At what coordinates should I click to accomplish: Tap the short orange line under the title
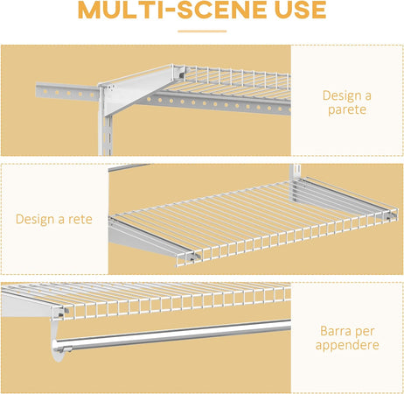(x=201, y=31)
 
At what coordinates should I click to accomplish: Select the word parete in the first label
(x=346, y=110)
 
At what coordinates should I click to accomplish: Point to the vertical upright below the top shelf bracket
(x=109, y=131)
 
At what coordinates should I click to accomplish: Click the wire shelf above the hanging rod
(x=175, y=298)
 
